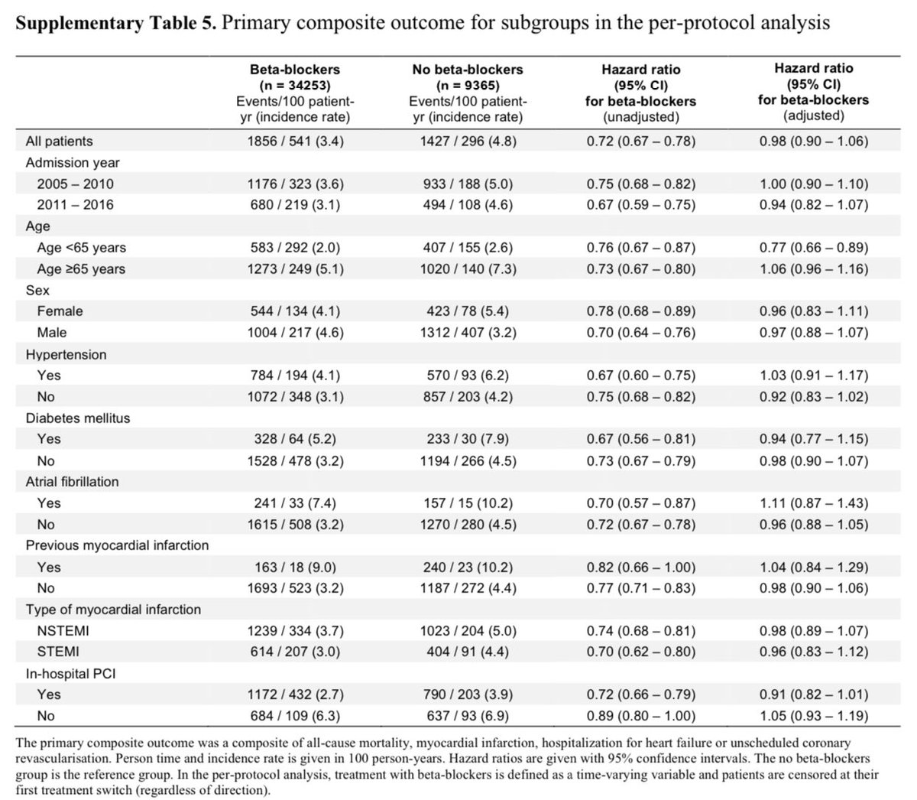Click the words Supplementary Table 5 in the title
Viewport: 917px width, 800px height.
tap(115, 23)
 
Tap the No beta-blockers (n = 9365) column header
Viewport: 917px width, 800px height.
tap(468, 77)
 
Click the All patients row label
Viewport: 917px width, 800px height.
tap(59, 141)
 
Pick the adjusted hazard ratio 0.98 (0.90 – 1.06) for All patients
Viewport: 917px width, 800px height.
tap(813, 141)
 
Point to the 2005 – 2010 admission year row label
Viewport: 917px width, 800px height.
tap(75, 184)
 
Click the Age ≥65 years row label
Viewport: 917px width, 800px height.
tap(81, 268)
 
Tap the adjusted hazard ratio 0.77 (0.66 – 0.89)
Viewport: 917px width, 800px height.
tap(813, 247)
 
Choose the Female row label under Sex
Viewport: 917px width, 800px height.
tap(60, 311)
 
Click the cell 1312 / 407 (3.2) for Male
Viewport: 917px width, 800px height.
tap(468, 333)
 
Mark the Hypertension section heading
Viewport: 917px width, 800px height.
tap(66, 354)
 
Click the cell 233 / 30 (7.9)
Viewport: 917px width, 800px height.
tap(468, 439)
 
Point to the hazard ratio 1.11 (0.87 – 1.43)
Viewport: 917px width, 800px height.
tap(813, 503)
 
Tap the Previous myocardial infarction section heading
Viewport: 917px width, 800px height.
tap(117, 545)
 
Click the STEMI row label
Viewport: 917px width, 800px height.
tap(57, 652)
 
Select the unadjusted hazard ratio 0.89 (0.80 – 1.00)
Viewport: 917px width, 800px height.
tap(640, 716)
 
